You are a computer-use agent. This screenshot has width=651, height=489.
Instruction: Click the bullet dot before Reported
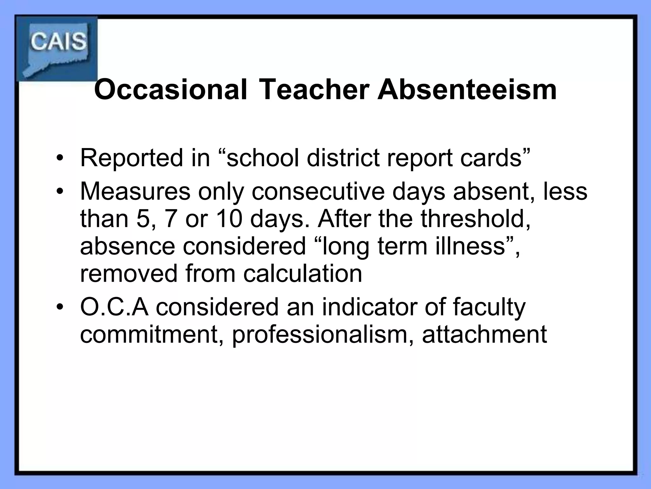pos(59,158)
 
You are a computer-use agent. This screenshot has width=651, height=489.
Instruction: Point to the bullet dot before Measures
pos(59,192)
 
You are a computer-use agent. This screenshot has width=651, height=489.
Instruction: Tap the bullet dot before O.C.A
pos(59,307)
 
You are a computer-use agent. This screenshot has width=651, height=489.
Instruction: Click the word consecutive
pos(318,192)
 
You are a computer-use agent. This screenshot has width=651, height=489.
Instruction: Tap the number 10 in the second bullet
pos(229,219)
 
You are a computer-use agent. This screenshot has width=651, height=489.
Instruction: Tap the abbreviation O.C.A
pos(114,307)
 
